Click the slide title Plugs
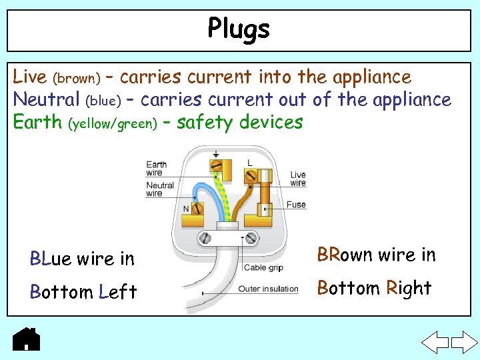point(239,29)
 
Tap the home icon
point(27,339)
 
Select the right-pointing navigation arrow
point(464,343)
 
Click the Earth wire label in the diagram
point(156,169)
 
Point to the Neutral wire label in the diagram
point(160,189)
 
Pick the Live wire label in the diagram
point(298,179)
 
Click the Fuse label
point(296,205)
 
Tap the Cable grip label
point(264,268)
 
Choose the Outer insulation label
point(268,289)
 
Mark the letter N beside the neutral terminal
point(186,209)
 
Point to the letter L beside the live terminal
point(249,163)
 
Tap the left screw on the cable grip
point(206,237)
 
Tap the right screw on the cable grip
point(252,237)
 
